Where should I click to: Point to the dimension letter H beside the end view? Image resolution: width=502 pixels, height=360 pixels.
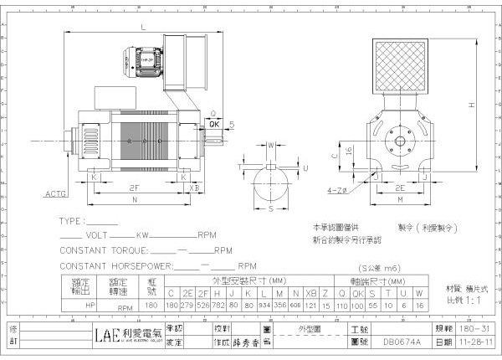472,105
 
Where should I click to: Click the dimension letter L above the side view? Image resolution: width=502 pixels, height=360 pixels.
143,28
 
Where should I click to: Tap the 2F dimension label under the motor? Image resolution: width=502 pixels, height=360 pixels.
134,188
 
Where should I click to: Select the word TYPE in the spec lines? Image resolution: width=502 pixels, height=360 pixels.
72,222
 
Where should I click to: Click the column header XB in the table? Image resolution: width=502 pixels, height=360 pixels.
311,293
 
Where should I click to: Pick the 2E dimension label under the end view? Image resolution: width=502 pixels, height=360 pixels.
400,188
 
